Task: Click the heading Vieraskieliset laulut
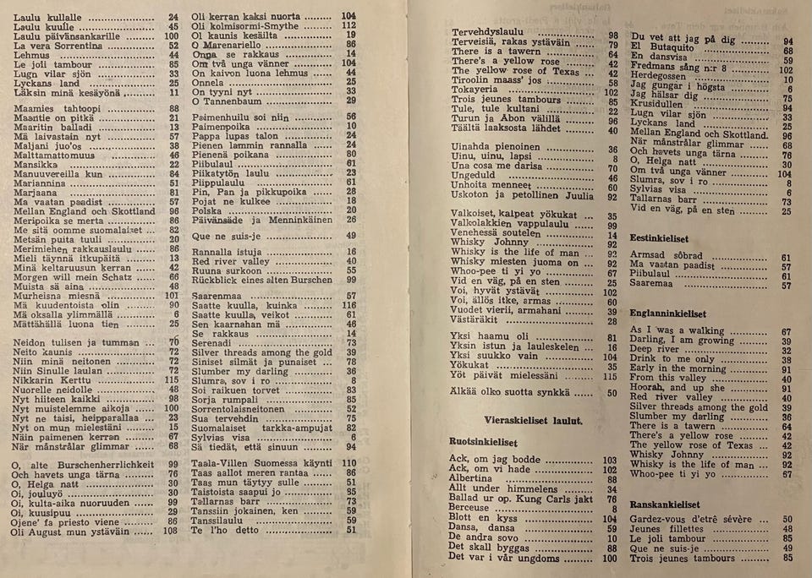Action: coord(520,420)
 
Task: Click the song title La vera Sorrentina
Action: coord(58,45)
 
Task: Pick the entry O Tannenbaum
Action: coord(228,101)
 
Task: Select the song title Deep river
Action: coord(656,351)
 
